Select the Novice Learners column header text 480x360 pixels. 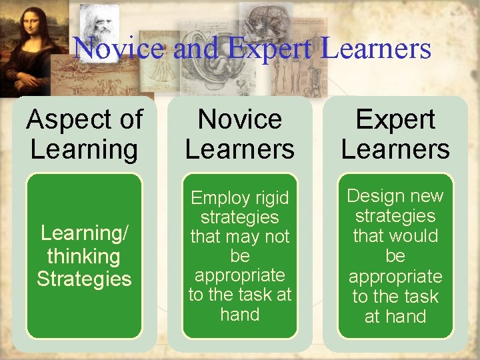coord(239,134)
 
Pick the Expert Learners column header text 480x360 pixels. coord(395,134)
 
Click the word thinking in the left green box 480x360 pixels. coord(84,256)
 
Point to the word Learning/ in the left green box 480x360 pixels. coord(84,233)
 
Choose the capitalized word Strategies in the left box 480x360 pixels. coord(84,279)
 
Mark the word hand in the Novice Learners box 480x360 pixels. coord(239,314)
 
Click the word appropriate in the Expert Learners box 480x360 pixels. coord(395,276)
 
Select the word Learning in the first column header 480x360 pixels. coord(84,149)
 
